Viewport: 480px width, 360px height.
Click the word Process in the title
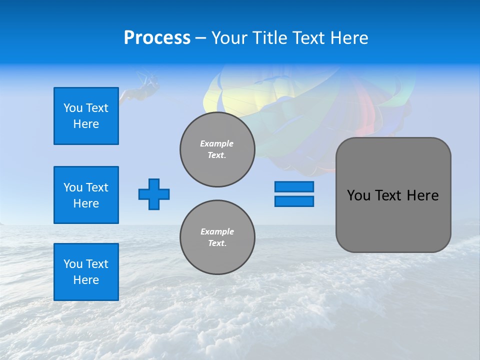(x=157, y=38)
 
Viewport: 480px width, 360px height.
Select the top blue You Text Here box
(x=86, y=116)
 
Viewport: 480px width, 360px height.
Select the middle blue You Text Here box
(x=86, y=195)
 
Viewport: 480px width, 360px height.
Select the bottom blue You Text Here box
(x=86, y=272)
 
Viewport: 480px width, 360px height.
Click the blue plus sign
(x=154, y=194)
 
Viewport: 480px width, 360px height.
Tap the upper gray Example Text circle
(x=217, y=149)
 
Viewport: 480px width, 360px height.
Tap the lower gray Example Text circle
(x=217, y=237)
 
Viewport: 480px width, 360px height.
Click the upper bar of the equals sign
(x=294, y=187)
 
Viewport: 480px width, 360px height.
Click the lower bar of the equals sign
(x=294, y=201)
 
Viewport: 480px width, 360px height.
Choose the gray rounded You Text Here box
(x=393, y=195)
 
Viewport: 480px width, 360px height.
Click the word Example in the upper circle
(x=217, y=143)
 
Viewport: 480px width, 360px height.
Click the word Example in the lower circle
(x=217, y=231)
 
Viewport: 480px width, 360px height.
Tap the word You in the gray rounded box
(x=357, y=195)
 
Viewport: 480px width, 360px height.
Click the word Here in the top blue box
(x=86, y=124)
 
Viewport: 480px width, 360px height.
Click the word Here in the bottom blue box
(x=86, y=280)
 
